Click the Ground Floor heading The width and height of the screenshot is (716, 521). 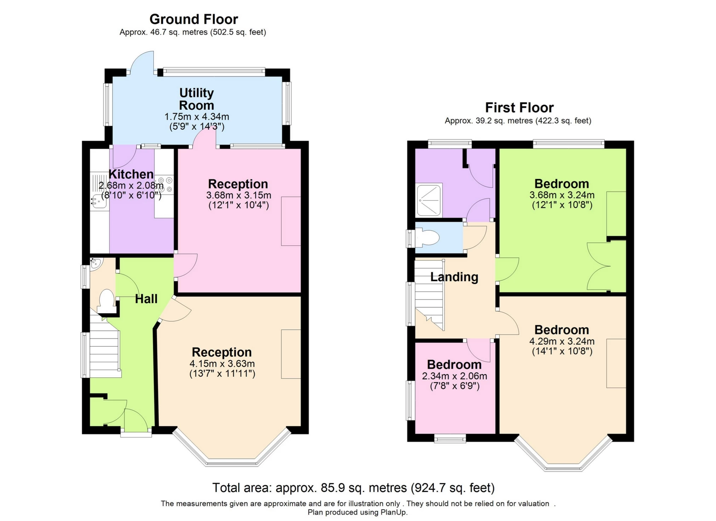pyautogui.click(x=193, y=19)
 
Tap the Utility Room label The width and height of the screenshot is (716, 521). pyautogui.click(x=196, y=99)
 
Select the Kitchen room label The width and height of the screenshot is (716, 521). pyautogui.click(x=131, y=174)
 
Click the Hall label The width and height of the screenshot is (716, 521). pyautogui.click(x=146, y=299)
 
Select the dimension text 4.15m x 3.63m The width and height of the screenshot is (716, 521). pyautogui.click(x=222, y=364)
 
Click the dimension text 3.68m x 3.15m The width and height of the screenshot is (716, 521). pyautogui.click(x=239, y=195)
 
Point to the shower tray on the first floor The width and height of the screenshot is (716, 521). pyautogui.click(x=429, y=199)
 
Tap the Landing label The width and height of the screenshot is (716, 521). pyautogui.click(x=454, y=277)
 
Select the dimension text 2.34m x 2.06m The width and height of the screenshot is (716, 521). pyautogui.click(x=454, y=376)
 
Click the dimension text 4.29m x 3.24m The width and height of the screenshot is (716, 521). pyautogui.click(x=561, y=341)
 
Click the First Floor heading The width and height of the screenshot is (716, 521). pyautogui.click(x=519, y=108)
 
